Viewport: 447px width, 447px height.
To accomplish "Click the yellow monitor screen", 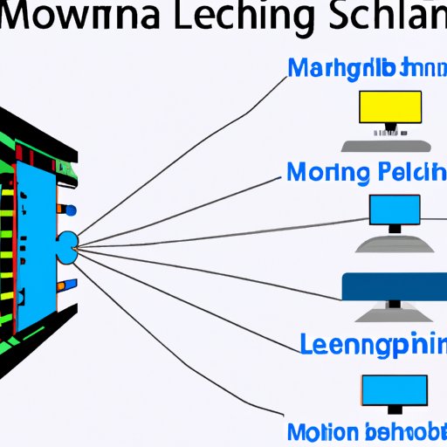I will coord(390,107).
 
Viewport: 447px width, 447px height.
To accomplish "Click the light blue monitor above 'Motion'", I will coord(395,389).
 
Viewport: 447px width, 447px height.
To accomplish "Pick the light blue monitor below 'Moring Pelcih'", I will coord(395,210).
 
